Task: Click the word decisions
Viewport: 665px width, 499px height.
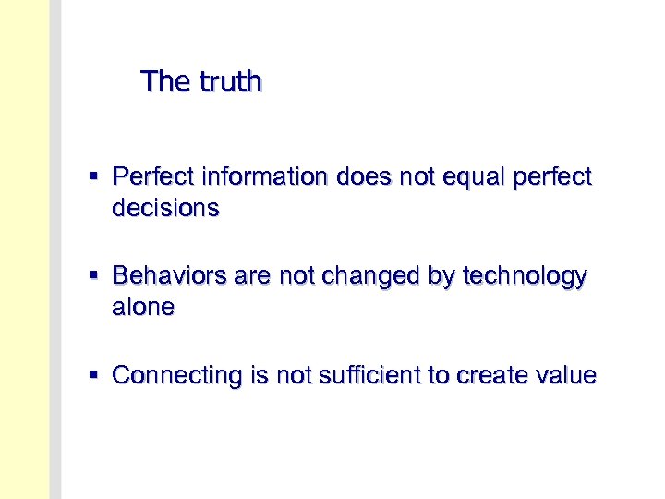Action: [165, 209]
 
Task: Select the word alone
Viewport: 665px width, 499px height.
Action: [143, 308]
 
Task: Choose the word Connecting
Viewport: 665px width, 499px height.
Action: [175, 375]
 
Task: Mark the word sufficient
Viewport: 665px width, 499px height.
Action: [357, 375]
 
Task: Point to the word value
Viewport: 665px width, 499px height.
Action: [564, 375]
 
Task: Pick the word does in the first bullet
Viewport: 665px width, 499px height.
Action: [363, 176]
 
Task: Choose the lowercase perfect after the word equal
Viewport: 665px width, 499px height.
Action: [553, 176]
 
